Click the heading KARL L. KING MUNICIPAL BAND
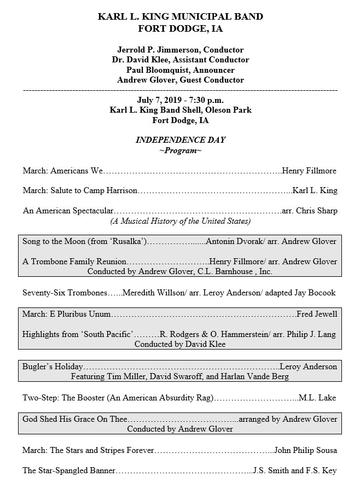tap(180, 16)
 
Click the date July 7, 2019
tap(159, 100)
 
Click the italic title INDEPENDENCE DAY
tap(180, 140)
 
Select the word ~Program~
tap(180, 150)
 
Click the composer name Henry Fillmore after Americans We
tap(309, 171)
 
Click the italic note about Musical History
tap(180, 221)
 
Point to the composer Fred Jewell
tap(317, 314)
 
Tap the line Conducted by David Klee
tap(180, 345)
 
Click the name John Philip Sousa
tap(305, 450)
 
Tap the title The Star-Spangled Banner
tap(69, 470)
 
